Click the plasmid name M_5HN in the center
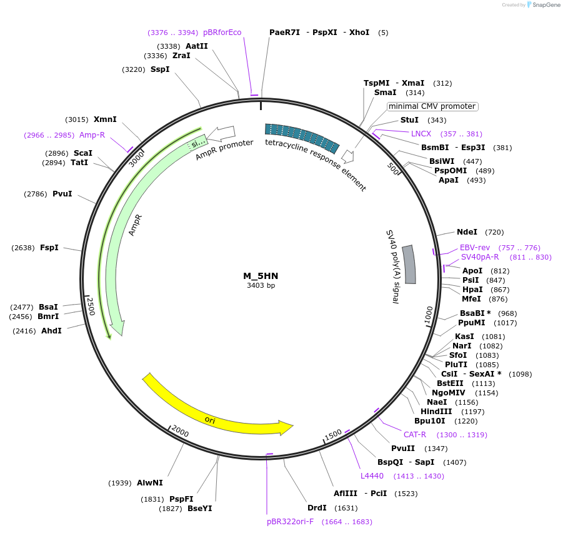pyautogui.click(x=261, y=276)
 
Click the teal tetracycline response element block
pyautogui.click(x=302, y=138)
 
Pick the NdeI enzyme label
pyautogui.click(x=467, y=232)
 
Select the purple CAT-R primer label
pyautogui.click(x=415, y=434)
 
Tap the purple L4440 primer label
pyautogui.click(x=372, y=476)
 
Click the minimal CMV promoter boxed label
pyautogui.click(x=432, y=106)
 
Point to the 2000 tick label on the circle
pyautogui.click(x=180, y=432)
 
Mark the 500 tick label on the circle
pyautogui.click(x=393, y=168)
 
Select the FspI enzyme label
pyautogui.click(x=49, y=248)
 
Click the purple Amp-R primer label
pyautogui.click(x=92, y=135)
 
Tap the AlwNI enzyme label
pyautogui.click(x=150, y=482)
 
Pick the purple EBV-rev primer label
pyautogui.click(x=475, y=248)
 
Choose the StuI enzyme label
pyautogui.click(x=409, y=120)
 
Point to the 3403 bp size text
pyautogui.click(x=261, y=286)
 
